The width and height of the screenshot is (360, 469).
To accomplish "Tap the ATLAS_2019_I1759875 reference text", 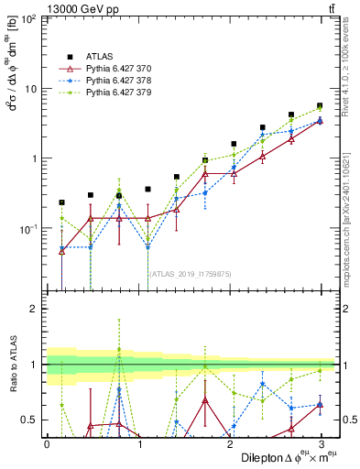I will (184, 274).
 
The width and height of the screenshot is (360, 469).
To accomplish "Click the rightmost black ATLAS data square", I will (319, 106).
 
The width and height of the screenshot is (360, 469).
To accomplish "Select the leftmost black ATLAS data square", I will (61, 202).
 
